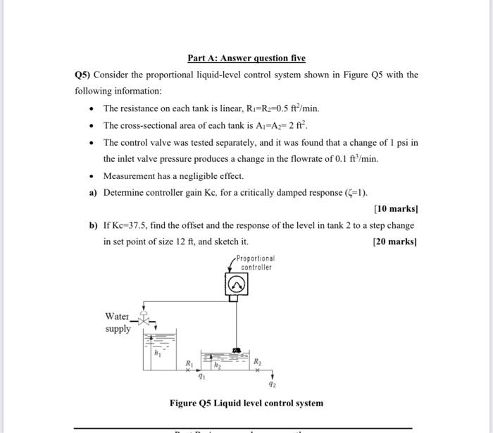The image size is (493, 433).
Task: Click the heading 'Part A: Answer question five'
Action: pyautogui.click(x=246, y=58)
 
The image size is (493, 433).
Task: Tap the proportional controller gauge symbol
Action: pyautogui.click(x=237, y=284)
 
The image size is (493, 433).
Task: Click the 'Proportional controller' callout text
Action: pyautogui.click(x=256, y=263)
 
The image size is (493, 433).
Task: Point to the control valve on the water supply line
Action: pyautogui.click(x=145, y=320)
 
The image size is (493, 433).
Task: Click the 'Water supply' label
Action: pyautogui.click(x=118, y=322)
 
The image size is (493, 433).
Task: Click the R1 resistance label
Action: pyautogui.click(x=188, y=363)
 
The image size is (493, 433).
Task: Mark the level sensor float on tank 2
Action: pyautogui.click(x=237, y=350)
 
